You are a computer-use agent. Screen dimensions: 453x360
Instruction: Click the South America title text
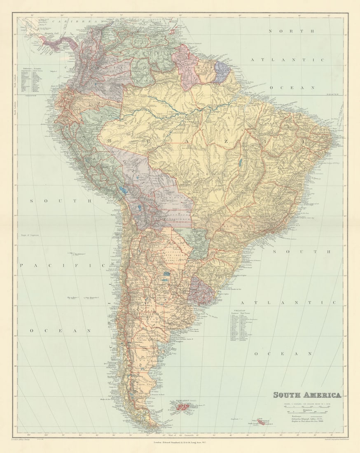point(307,395)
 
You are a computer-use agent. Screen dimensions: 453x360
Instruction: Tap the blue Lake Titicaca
point(122,191)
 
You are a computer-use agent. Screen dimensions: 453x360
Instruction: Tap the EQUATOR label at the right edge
point(332,94)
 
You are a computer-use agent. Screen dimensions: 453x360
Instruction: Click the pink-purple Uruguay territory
point(202,290)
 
